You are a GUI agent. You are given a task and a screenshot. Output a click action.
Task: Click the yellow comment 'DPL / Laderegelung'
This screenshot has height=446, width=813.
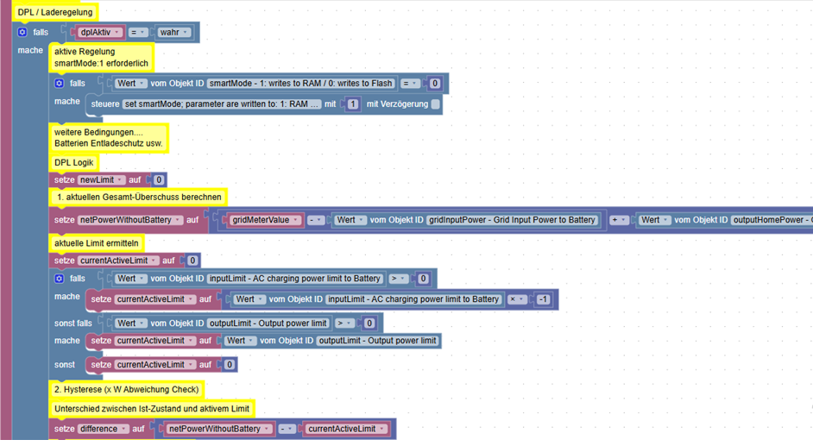55,12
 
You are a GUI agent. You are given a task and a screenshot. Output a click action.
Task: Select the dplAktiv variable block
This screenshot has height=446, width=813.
99,32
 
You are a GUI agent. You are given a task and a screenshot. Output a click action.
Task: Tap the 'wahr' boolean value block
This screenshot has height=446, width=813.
173,32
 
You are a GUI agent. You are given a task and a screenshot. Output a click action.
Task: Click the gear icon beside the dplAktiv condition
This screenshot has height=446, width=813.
22,32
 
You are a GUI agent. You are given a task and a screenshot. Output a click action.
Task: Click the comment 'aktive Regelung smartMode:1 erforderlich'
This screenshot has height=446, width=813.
101,58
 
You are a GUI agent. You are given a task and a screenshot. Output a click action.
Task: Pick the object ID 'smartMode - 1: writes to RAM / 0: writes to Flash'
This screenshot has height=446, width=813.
300,84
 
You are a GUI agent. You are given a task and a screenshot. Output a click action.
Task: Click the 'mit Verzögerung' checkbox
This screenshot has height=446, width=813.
436,104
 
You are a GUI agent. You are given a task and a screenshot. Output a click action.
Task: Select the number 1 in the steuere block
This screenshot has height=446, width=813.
353,104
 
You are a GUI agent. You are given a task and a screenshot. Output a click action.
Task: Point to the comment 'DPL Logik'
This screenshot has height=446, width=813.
73,163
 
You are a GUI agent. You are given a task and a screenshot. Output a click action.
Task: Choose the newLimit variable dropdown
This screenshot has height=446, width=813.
101,179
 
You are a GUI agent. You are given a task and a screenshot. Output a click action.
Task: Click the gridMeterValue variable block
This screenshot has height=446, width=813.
264,220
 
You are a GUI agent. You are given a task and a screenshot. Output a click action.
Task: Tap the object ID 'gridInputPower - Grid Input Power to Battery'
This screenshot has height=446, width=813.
512,220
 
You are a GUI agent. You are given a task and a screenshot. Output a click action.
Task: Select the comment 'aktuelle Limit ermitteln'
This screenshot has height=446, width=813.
97,243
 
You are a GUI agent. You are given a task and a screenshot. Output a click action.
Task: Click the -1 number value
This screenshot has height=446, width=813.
543,299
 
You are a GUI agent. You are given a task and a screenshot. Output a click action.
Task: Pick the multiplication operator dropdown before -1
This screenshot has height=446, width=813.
516,299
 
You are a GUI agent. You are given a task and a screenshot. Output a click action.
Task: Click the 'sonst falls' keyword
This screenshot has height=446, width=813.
73,324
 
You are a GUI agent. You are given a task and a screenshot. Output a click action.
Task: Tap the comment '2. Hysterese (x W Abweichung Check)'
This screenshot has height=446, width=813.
127,390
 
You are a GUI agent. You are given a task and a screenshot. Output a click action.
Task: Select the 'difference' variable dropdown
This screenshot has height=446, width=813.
103,429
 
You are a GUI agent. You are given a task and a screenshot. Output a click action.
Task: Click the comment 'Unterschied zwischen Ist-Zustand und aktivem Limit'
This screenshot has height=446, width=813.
152,409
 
